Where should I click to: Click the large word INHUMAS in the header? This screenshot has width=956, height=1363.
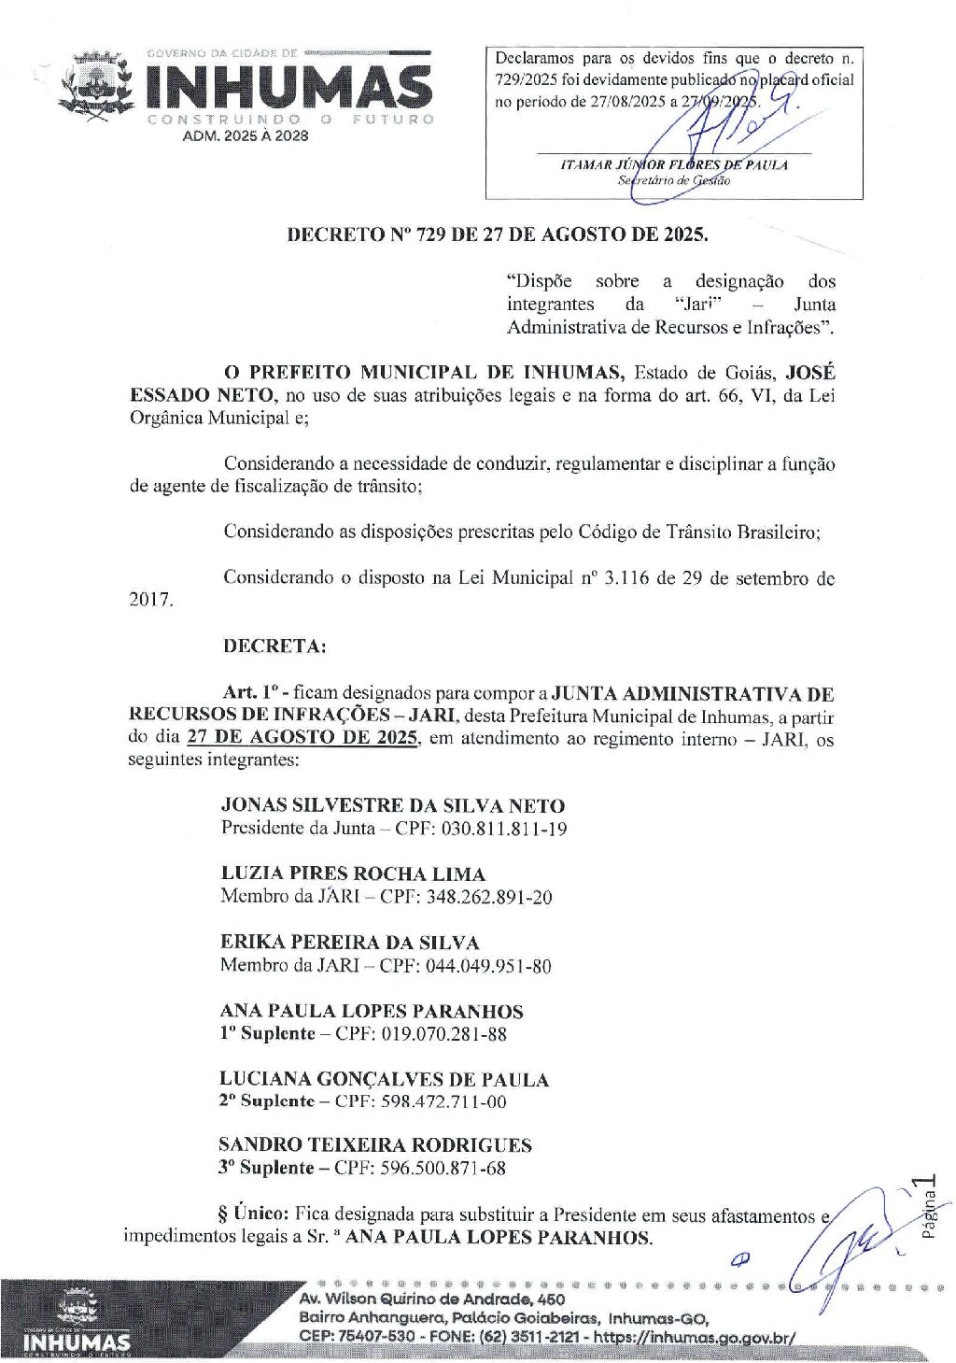(288, 86)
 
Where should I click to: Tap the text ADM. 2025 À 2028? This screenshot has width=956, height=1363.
(246, 136)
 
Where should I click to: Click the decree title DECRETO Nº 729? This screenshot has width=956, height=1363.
(497, 234)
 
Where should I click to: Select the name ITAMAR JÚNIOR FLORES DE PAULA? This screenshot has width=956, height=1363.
(673, 165)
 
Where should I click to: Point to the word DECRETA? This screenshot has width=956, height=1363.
(274, 646)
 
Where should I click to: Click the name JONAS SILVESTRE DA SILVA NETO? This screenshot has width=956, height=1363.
(392, 805)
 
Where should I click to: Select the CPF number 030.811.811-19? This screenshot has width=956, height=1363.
(504, 829)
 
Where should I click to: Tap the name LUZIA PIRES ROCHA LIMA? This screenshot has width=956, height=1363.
(353, 873)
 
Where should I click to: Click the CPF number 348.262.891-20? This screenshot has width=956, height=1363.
(489, 897)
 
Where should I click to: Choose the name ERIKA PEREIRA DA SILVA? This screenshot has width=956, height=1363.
(349, 942)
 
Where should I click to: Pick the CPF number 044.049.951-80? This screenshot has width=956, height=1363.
(488, 965)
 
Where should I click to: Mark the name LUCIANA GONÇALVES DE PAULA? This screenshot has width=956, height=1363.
(384, 1079)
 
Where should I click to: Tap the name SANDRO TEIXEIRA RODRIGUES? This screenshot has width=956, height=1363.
(374, 1144)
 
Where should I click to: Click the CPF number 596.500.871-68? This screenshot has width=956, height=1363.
(443, 1168)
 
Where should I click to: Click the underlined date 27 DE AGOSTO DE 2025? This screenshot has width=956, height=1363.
(302, 738)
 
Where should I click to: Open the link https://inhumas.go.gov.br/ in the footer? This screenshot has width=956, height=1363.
(695, 1337)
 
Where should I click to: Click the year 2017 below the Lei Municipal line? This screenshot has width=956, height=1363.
(150, 600)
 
